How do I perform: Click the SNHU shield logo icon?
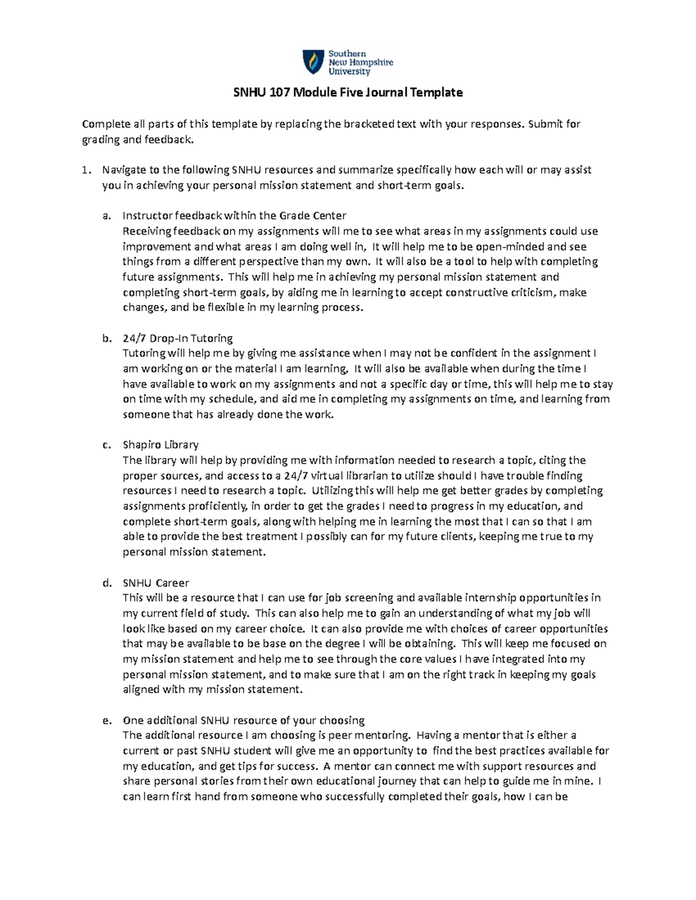(x=313, y=62)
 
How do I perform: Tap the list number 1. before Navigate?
(x=86, y=170)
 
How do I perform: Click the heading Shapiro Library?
(x=161, y=444)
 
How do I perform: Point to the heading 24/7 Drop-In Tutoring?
(x=177, y=338)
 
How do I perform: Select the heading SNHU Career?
(x=156, y=582)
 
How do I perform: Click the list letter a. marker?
(x=106, y=216)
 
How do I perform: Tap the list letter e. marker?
(x=106, y=720)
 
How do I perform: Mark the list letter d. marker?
(x=106, y=582)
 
